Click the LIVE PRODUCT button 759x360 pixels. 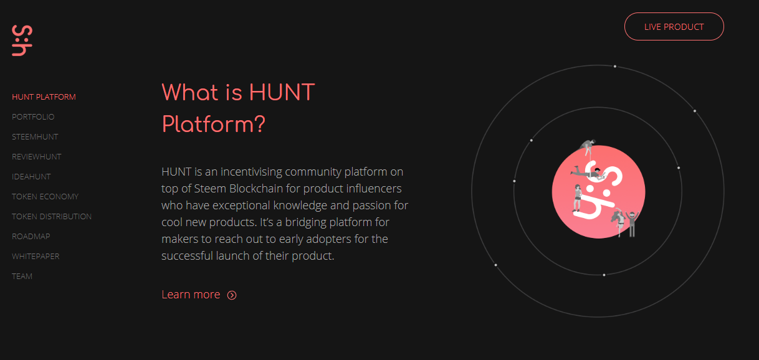click(674, 27)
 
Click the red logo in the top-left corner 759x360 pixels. click(22, 40)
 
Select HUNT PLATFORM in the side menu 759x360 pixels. click(44, 97)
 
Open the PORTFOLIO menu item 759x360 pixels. click(33, 117)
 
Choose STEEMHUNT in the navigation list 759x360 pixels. click(35, 137)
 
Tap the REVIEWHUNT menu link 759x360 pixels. click(37, 157)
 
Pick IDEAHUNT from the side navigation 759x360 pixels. click(31, 177)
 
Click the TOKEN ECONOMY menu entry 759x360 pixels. click(45, 197)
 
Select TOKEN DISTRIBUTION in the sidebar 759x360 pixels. click(52, 216)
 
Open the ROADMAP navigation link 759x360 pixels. click(31, 237)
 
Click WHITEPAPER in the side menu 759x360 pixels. click(36, 257)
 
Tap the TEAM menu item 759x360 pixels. click(22, 277)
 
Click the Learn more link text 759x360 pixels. click(191, 295)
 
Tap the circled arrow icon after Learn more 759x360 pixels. click(232, 295)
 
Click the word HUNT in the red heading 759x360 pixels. click(282, 92)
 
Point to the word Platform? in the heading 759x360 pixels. click(214, 125)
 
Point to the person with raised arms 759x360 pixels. click(632, 224)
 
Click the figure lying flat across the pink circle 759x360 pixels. click(587, 173)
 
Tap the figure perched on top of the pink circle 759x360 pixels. click(588, 147)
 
